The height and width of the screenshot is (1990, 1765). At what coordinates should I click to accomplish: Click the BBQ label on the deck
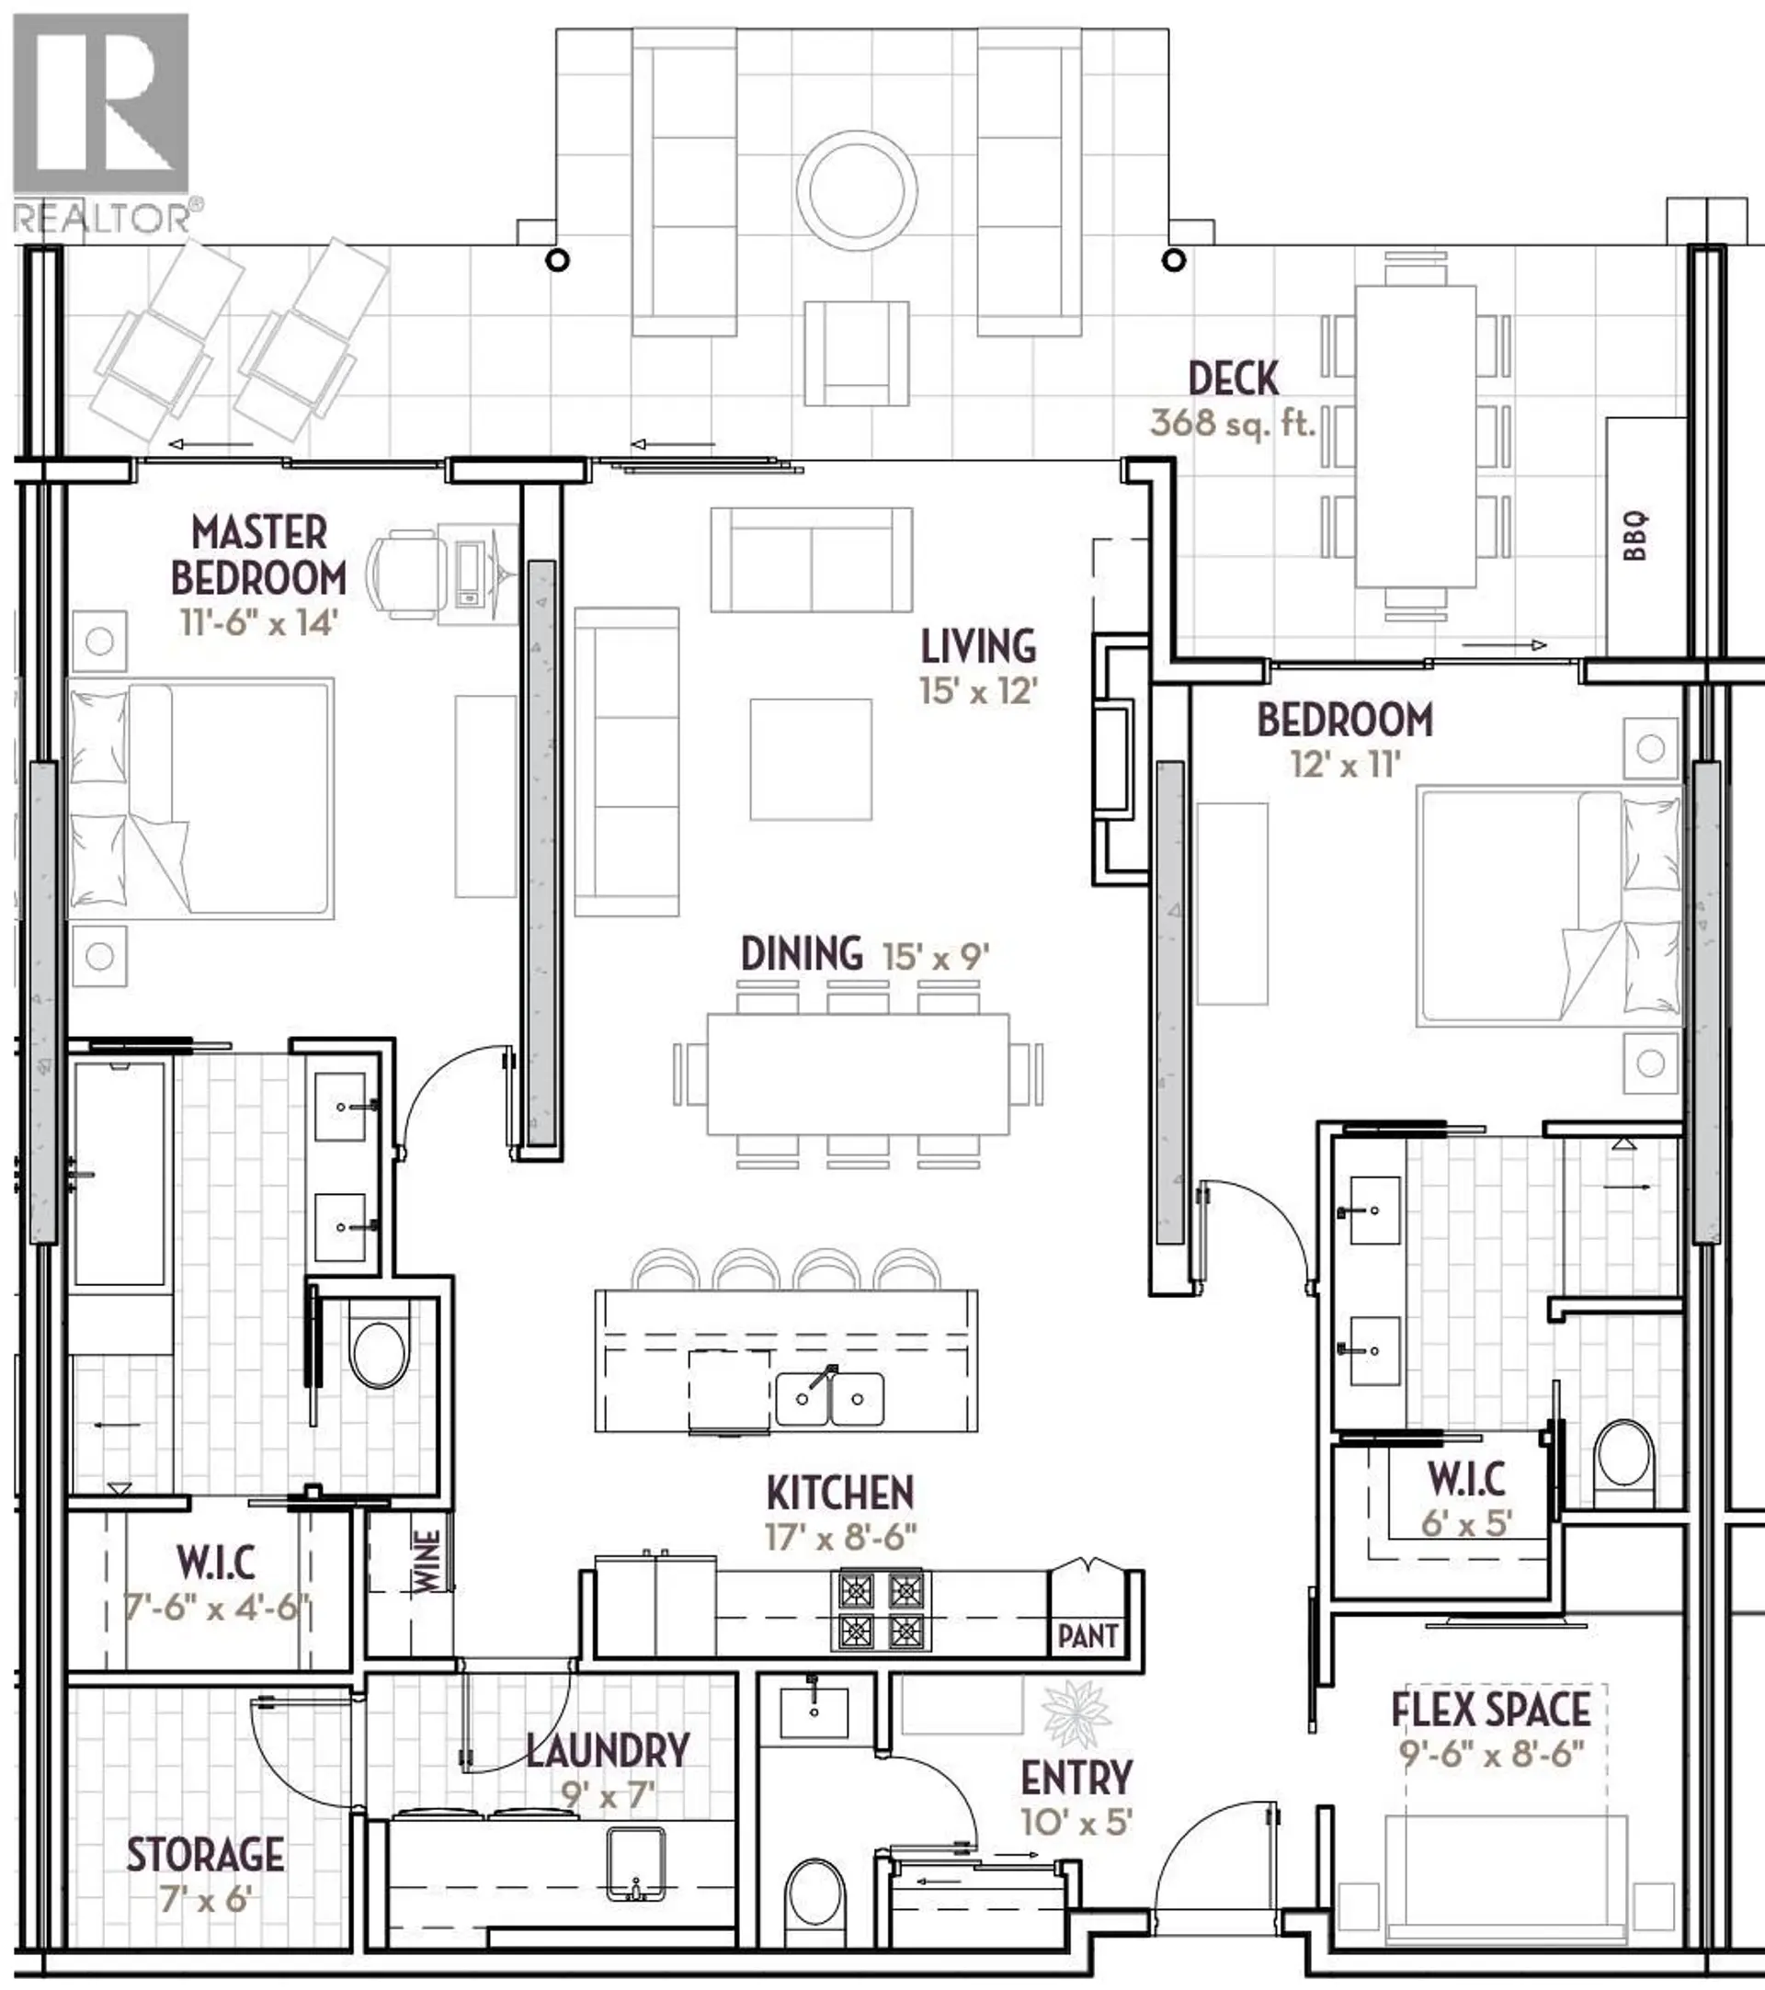point(1635,537)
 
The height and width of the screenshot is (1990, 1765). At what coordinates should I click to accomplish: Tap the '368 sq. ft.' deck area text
point(1233,423)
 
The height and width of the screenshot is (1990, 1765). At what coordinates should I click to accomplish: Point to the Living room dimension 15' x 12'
point(978,691)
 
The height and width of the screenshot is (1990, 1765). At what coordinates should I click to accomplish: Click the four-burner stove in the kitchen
point(880,1612)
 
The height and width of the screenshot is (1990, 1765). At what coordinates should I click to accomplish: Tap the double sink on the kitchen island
point(829,1399)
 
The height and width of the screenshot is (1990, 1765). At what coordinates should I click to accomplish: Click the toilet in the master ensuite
point(379,1354)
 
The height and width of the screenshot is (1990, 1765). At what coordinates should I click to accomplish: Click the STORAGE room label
point(205,1855)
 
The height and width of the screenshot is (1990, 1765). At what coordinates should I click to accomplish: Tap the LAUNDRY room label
point(609,1750)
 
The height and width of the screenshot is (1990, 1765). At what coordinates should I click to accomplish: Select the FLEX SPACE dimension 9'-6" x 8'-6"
point(1491,1753)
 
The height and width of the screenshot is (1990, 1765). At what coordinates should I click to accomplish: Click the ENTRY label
point(1076,1778)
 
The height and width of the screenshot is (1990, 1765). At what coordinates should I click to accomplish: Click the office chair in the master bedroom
point(403,574)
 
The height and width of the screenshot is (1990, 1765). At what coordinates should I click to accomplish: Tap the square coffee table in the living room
point(810,759)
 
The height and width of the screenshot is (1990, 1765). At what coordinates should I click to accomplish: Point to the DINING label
point(802,954)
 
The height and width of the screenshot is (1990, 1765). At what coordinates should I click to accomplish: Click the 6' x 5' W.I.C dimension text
point(1466,1522)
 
